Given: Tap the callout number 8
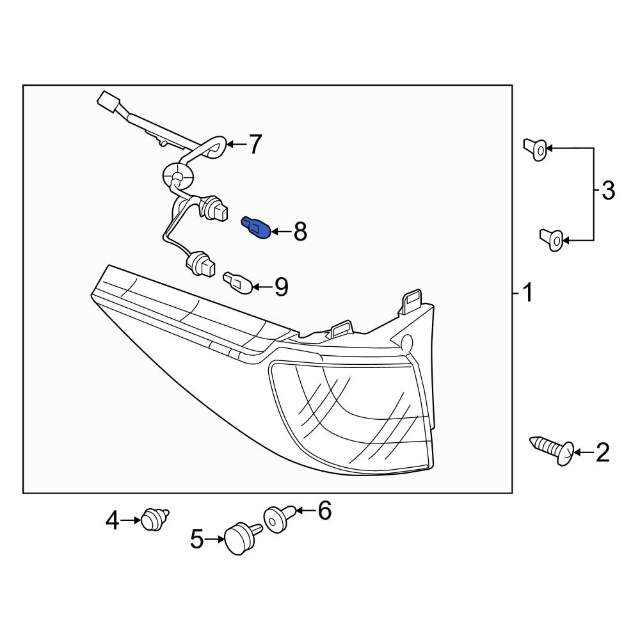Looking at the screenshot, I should tap(300, 232).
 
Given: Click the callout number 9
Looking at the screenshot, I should tap(281, 287).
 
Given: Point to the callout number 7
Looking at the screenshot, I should tap(255, 145).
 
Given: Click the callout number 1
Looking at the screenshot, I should tap(527, 294).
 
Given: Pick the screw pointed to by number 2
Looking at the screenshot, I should tap(551, 447).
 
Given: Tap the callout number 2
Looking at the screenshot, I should tap(602, 453).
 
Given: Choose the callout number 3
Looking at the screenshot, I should tap(607, 190).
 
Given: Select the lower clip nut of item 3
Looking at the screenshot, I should tap(552, 239).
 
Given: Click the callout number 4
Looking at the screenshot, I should tap(113, 520).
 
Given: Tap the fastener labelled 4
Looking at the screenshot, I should tap(154, 518).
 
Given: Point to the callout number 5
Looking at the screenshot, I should tap(197, 540).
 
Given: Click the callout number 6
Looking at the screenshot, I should tap(324, 511).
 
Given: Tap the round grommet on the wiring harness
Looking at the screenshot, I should tap(176, 174).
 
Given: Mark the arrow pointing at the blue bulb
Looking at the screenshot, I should tap(280, 231).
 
